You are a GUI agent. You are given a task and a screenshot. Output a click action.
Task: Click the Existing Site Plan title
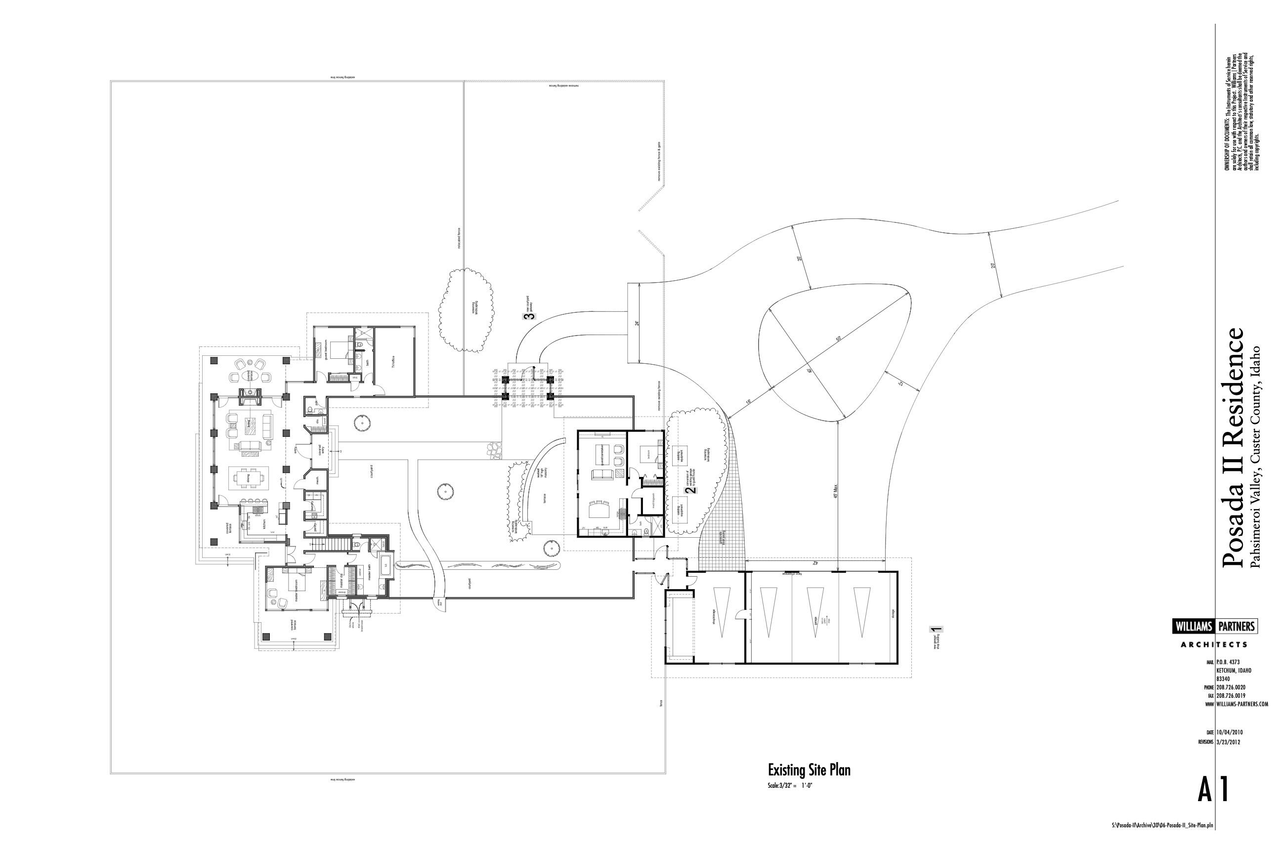coord(809,770)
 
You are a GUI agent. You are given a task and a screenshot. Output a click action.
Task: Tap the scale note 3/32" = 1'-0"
coord(790,786)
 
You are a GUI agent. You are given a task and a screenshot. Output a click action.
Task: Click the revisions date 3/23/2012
coord(1228,742)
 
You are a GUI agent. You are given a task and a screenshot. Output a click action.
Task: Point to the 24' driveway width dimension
coord(637,323)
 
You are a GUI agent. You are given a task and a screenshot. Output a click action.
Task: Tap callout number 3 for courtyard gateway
coord(527,316)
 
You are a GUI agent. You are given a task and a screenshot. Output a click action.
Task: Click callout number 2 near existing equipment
coord(693,490)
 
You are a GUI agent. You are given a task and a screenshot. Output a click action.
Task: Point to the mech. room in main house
coord(317,480)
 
